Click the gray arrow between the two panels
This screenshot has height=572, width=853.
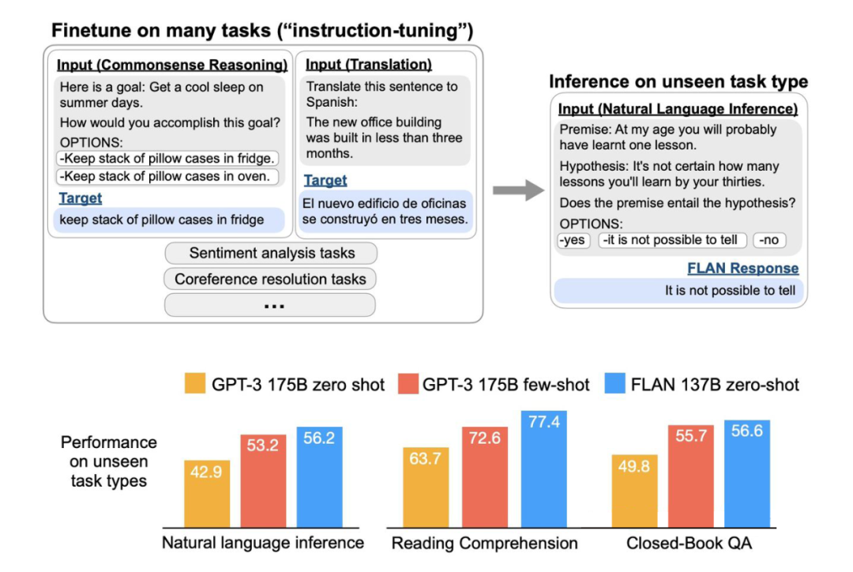coord(518,190)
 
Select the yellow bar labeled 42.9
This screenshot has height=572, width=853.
coord(207,493)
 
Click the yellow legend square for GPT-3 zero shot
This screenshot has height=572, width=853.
coord(194,385)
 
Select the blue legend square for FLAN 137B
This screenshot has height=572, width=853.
coord(614,385)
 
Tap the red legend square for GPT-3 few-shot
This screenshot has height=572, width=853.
coord(405,385)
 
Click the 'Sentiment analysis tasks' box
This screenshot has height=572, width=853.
coord(270,254)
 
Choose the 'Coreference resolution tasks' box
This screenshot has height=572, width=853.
coord(270,279)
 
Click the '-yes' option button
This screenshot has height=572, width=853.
coord(573,240)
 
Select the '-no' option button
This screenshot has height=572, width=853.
coord(768,240)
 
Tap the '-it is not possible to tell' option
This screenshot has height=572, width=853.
coord(671,240)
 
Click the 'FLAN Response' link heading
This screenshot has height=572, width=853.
coord(742,269)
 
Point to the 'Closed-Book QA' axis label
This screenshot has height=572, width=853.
coord(689,543)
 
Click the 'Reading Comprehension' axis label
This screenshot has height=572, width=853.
coord(485,543)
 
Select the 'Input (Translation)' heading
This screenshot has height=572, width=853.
coord(368,64)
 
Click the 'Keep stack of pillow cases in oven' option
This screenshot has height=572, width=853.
coord(168,176)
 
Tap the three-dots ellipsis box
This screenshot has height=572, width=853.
coord(270,305)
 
